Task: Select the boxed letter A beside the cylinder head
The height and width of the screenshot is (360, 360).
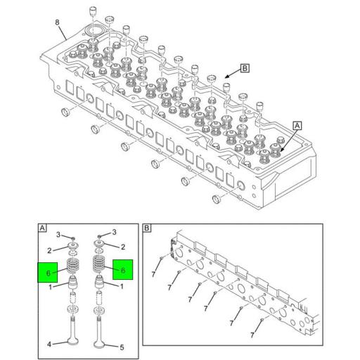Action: pos(297,125)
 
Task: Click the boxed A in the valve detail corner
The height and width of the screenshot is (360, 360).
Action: pos(43,229)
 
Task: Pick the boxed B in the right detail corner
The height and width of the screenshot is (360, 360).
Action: pos(147,229)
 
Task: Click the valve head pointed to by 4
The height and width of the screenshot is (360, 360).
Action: pos(72,342)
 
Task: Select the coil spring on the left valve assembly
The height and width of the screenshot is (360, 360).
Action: pos(72,268)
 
